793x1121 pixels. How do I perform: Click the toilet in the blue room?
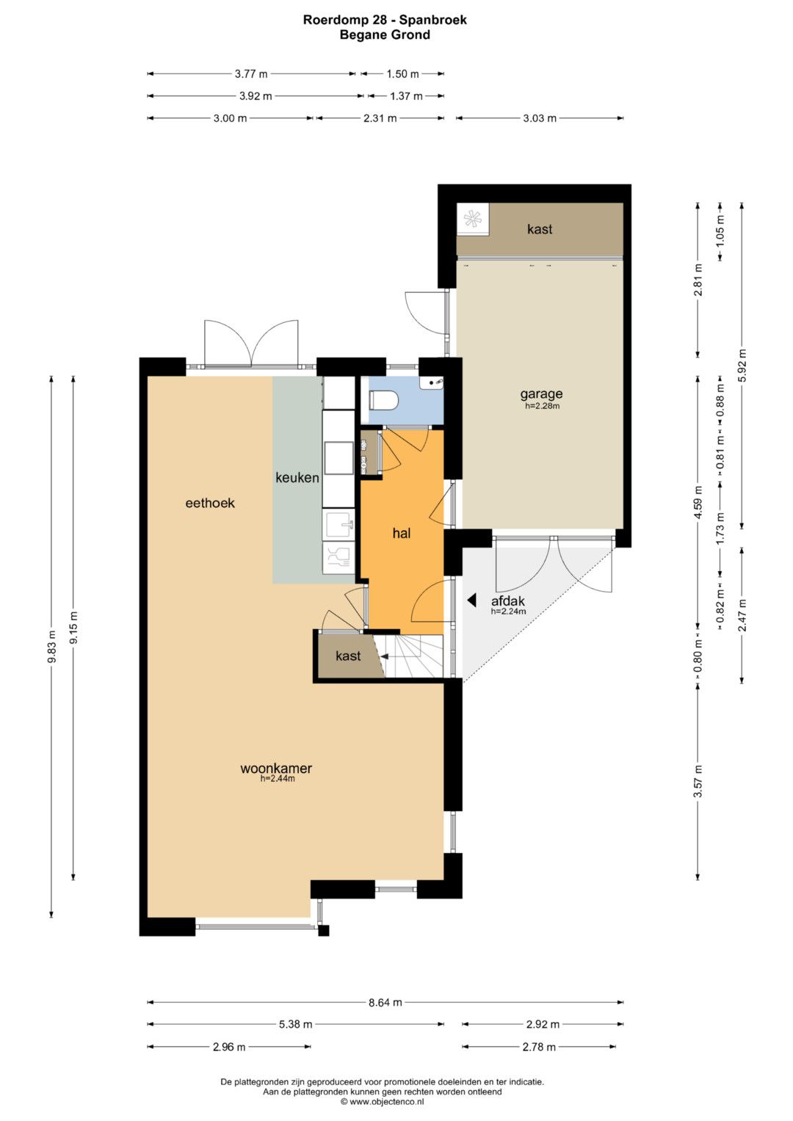point(383,400)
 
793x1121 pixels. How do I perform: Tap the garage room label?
point(541,394)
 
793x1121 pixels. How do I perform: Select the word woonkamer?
point(276,768)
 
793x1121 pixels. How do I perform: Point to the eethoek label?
point(210,503)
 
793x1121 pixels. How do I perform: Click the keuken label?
point(297,477)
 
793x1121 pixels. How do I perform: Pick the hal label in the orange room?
point(402,533)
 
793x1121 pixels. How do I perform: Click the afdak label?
point(507,601)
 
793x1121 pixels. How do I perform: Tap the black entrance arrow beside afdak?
point(471,600)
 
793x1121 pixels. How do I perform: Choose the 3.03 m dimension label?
point(540,118)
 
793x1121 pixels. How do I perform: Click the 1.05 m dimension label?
point(720,231)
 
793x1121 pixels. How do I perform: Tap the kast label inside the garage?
point(540,229)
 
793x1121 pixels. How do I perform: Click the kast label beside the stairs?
point(348,656)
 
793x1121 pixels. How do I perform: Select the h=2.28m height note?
point(542,406)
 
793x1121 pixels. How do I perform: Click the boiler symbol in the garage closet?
point(472,220)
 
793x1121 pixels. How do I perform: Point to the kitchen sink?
point(339,524)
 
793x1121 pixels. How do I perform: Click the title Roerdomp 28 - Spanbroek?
point(385,20)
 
